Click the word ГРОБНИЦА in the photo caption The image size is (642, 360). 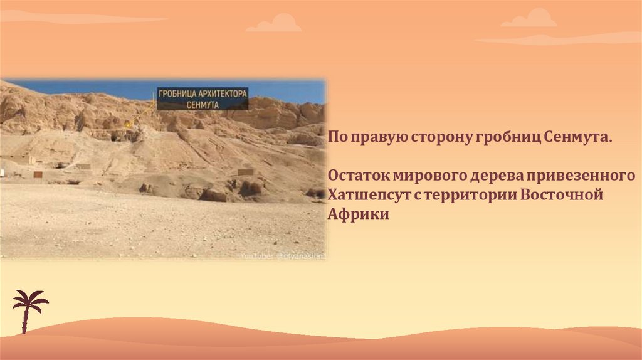(177, 93)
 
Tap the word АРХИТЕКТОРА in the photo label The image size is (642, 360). (223, 93)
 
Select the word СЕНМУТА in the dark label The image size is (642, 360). (203, 105)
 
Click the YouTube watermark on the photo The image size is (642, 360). (282, 256)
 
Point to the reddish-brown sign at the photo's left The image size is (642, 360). (38, 174)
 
